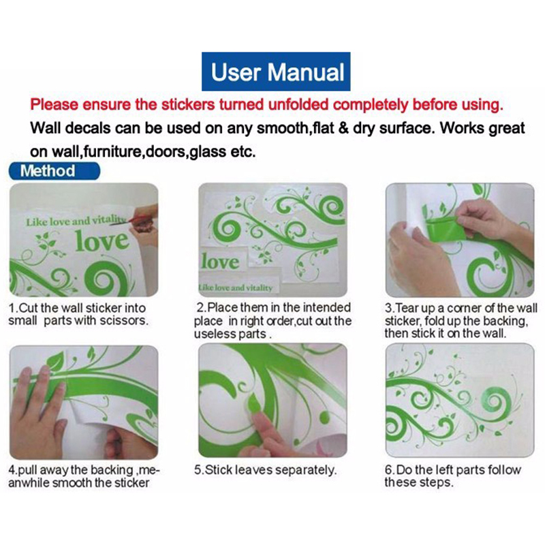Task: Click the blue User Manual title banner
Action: point(276,72)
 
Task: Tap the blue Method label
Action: point(54,171)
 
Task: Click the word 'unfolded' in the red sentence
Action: point(298,104)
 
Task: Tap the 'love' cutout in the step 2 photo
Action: point(221,262)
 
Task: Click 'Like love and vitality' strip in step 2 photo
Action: point(236,287)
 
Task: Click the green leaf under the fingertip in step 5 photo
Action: point(253,404)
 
